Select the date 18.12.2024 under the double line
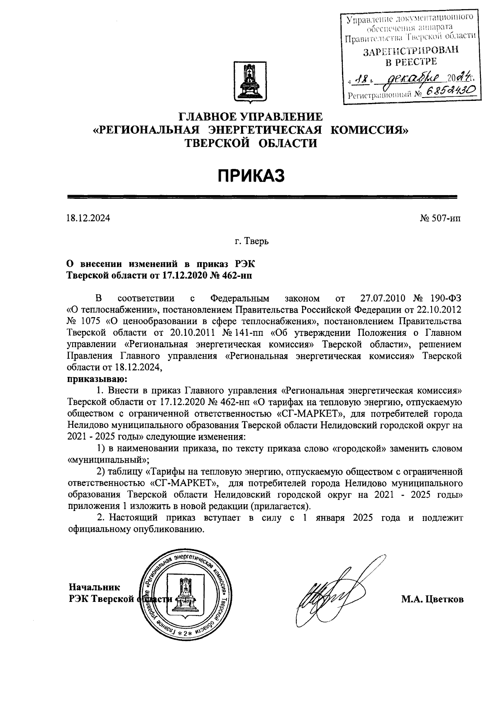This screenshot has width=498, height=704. [88, 218]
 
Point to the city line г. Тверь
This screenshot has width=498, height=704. [251, 241]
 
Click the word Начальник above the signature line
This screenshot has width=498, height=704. [94, 587]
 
